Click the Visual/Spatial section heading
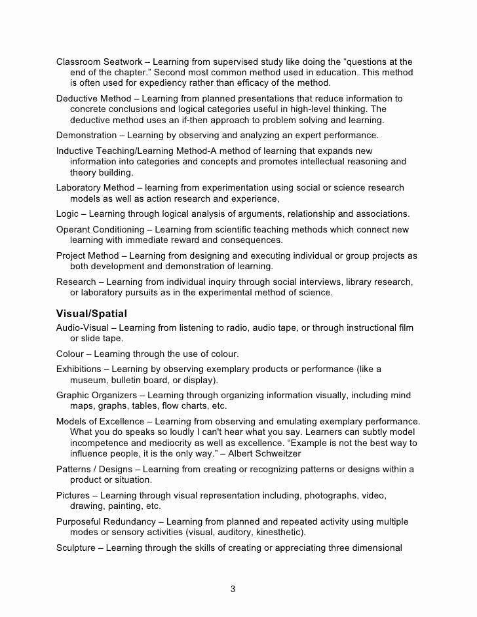pyautogui.click(x=92, y=313)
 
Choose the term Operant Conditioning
pyautogui.click(x=100, y=230)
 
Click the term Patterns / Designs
pyautogui.click(x=94, y=470)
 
